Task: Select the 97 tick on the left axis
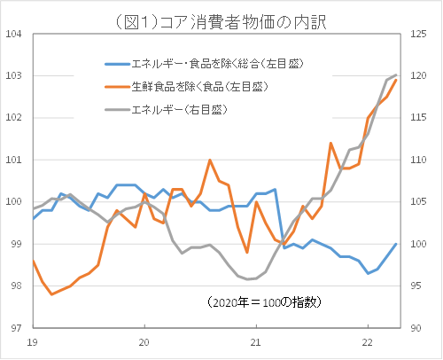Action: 15,327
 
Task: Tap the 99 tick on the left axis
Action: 15,244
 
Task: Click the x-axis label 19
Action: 33,341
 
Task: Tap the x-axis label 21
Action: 256,341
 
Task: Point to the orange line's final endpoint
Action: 395,81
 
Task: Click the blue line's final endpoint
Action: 395,244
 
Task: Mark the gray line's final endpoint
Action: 395,75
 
